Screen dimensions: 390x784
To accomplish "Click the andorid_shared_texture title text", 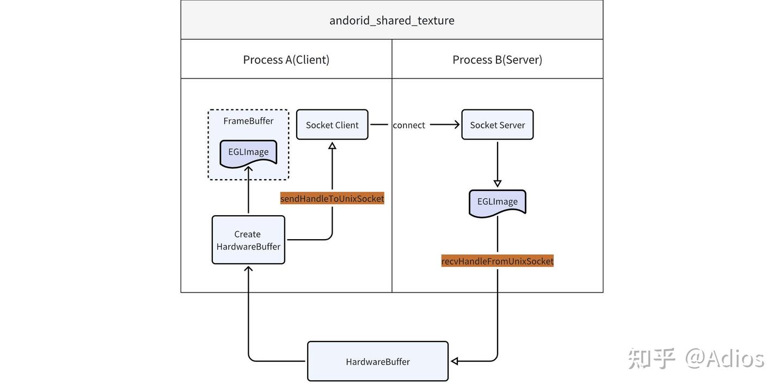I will [x=391, y=21].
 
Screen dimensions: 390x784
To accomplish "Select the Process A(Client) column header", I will [x=286, y=59].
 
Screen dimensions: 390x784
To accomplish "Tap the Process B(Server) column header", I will [x=497, y=59].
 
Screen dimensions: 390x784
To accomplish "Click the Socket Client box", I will [x=332, y=125].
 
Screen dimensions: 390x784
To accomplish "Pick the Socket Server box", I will [x=497, y=125].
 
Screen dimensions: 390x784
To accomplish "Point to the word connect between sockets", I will [x=408, y=125].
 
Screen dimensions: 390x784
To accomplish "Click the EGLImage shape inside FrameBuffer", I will [x=248, y=153].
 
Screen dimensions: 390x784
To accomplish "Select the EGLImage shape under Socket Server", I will [x=497, y=202].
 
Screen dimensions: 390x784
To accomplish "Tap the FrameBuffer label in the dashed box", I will [x=248, y=121].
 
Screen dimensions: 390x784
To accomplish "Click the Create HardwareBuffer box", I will [x=248, y=240].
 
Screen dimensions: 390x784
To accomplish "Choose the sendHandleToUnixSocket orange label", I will [x=332, y=199].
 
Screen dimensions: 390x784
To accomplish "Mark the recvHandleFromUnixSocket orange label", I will [x=497, y=261].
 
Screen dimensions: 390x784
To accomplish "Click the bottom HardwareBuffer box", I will [x=378, y=361].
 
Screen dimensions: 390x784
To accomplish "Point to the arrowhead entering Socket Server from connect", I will [x=456, y=125].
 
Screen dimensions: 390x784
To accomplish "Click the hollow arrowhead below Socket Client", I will [x=332, y=145].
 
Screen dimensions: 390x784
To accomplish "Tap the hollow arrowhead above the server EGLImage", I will [x=497, y=184].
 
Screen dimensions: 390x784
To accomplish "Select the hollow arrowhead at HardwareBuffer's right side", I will [x=455, y=361].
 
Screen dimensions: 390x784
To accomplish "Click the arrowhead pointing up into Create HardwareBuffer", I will [x=248, y=269].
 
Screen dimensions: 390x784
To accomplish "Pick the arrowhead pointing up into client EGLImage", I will [x=248, y=170].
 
